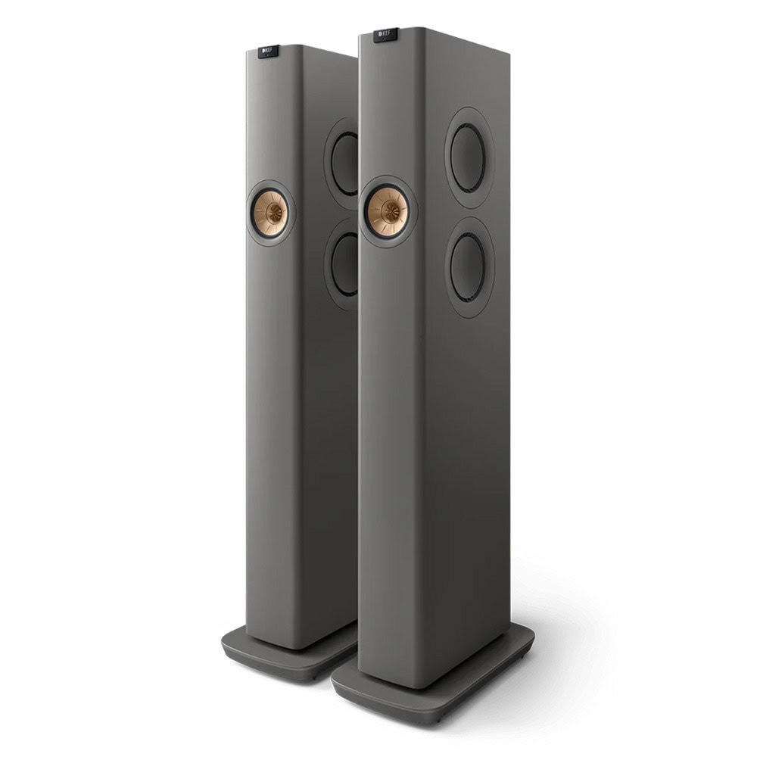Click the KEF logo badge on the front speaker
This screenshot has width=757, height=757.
point(386,35)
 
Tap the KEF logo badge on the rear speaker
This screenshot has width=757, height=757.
point(268,51)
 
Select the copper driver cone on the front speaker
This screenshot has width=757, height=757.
point(388,211)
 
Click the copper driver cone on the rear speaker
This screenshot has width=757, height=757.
point(270,213)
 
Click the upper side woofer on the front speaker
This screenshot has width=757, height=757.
point(469,157)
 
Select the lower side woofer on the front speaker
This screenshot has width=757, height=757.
point(469,267)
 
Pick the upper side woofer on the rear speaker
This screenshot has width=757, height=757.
point(345,164)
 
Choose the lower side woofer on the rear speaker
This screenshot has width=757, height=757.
point(345,263)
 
